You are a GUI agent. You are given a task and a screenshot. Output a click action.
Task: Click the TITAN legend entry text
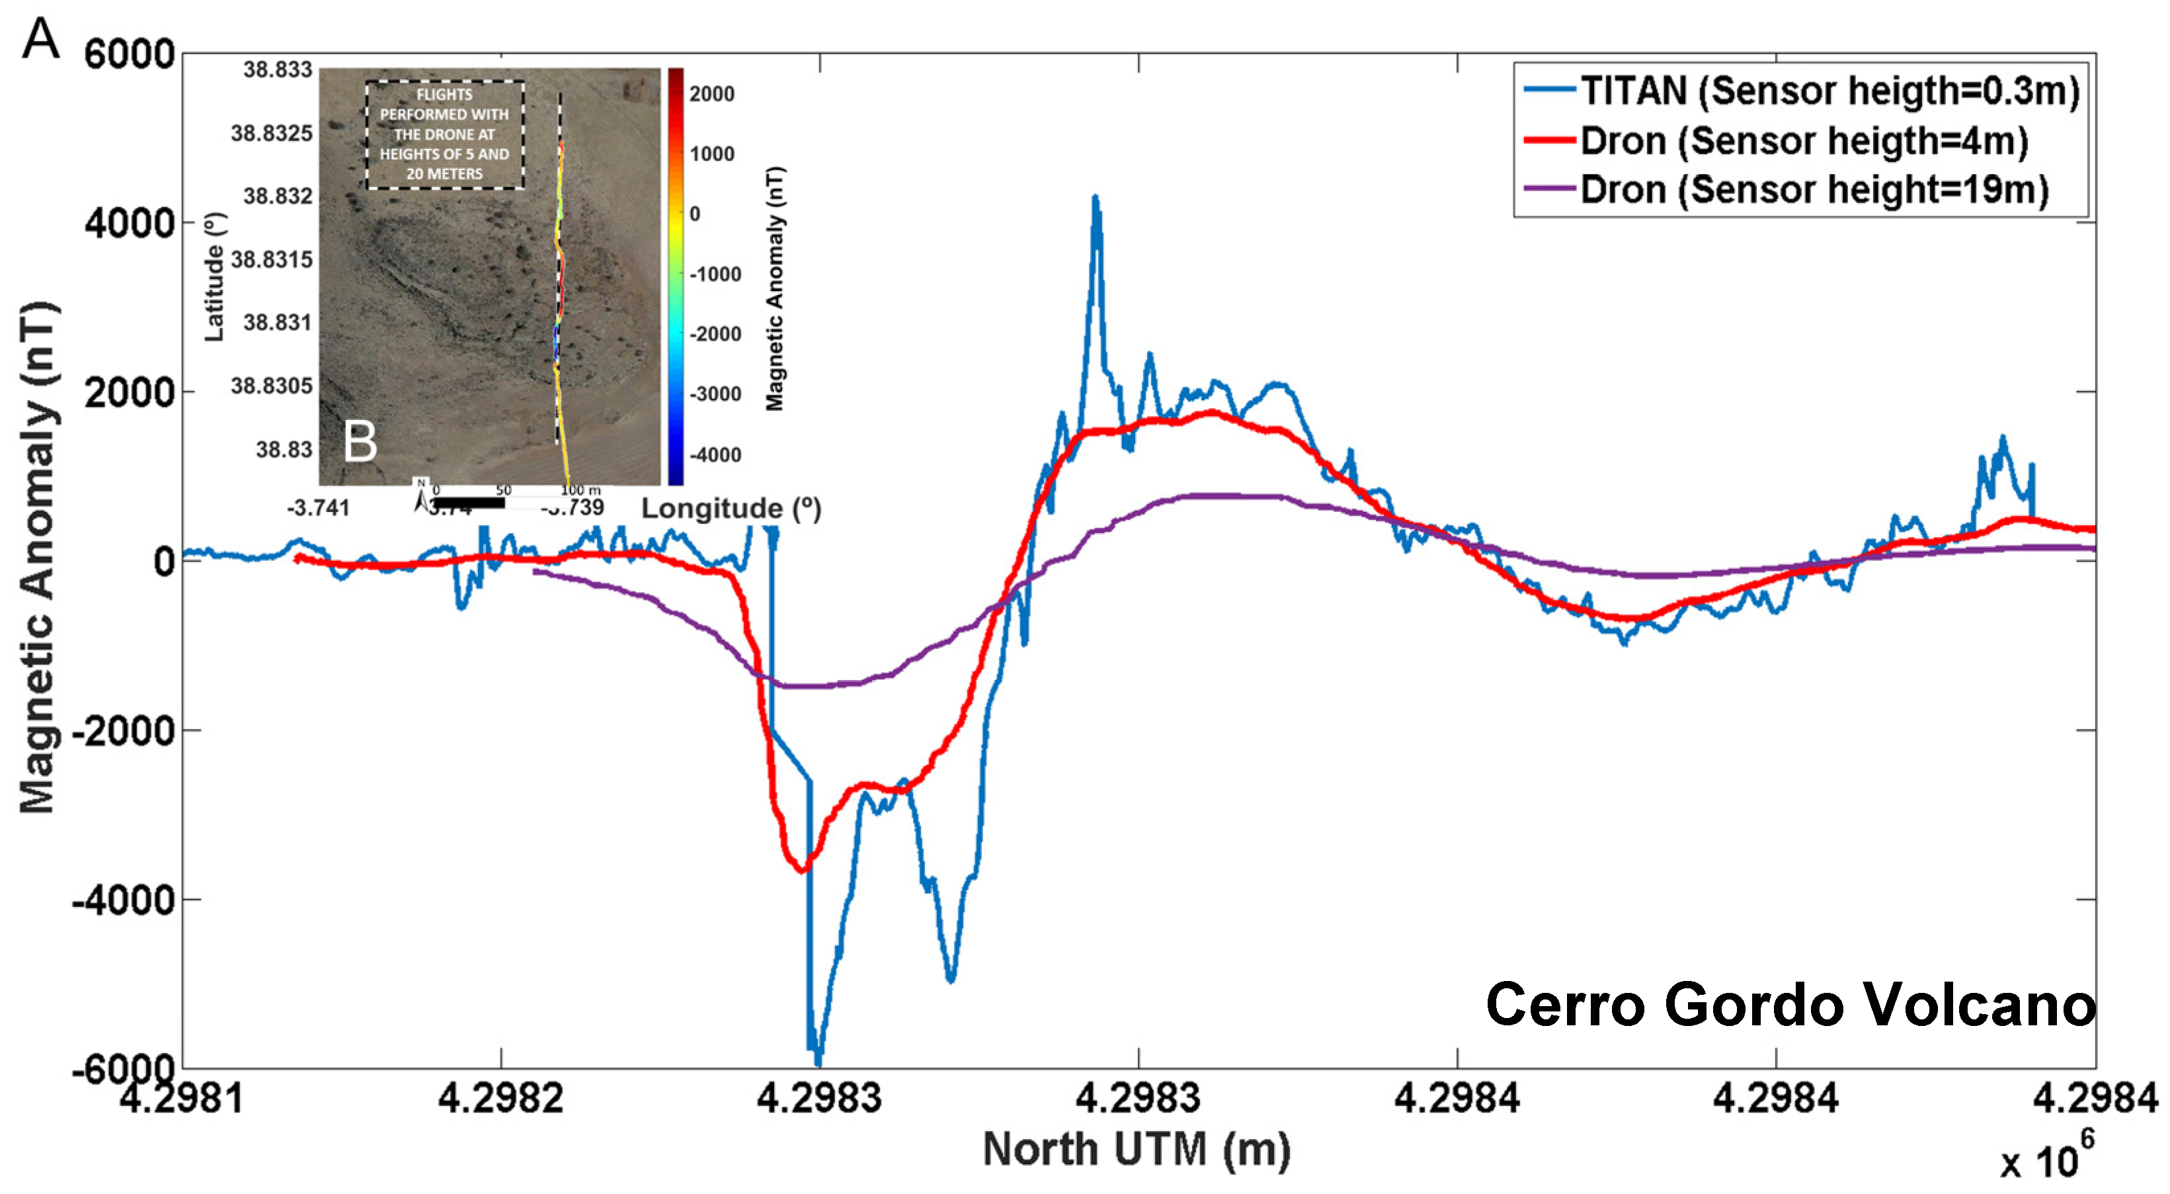pos(1829,91)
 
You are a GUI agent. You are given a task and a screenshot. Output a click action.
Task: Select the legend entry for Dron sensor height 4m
pos(1804,141)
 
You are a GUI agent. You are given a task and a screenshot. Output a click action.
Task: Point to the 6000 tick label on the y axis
pos(129,55)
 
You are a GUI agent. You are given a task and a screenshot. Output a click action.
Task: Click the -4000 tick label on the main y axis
pos(123,900)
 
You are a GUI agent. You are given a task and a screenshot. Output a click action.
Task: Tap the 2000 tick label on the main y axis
pos(129,393)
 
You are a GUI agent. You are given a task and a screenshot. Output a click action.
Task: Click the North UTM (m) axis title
pos(1137,1149)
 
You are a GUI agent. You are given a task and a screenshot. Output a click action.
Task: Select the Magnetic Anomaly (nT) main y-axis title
pos(38,556)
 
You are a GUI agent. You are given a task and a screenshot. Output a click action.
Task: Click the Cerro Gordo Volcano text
pos(1790,1004)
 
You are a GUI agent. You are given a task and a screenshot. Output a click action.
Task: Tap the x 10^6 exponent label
pos(2046,1158)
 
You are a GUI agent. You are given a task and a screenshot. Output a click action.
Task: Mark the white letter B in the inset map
pos(360,441)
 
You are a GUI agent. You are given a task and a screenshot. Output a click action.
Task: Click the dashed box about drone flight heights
pos(445,135)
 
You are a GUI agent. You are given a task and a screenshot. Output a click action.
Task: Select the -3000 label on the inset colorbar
pos(715,394)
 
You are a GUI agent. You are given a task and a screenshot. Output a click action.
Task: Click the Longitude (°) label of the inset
pos(731,508)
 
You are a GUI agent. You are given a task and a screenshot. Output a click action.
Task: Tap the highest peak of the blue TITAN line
pos(1095,199)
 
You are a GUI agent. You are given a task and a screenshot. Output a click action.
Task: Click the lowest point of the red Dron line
pos(803,869)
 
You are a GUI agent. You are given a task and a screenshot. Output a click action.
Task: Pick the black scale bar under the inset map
pos(468,503)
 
